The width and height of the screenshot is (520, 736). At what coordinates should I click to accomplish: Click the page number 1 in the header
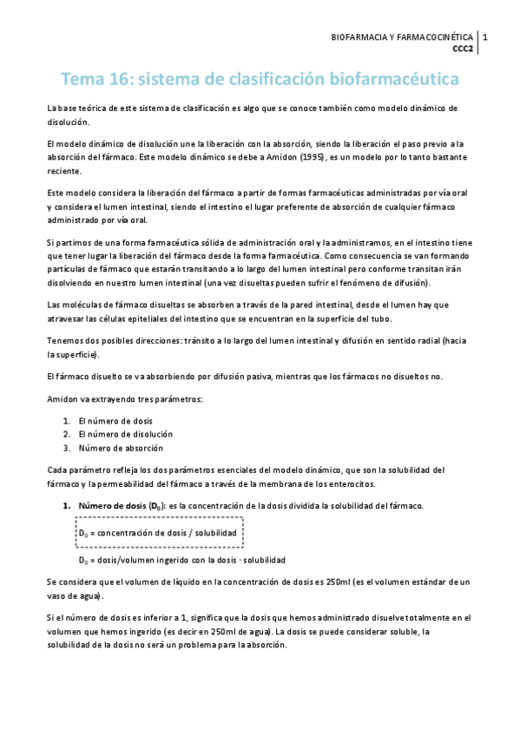pyautogui.click(x=484, y=38)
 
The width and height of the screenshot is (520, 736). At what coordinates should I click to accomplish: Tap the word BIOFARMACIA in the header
pyautogui.click(x=359, y=38)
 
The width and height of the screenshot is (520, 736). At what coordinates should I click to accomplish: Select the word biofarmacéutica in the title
pyautogui.click(x=390, y=80)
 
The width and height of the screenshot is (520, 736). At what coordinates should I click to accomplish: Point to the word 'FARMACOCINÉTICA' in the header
pyautogui.click(x=431, y=38)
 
